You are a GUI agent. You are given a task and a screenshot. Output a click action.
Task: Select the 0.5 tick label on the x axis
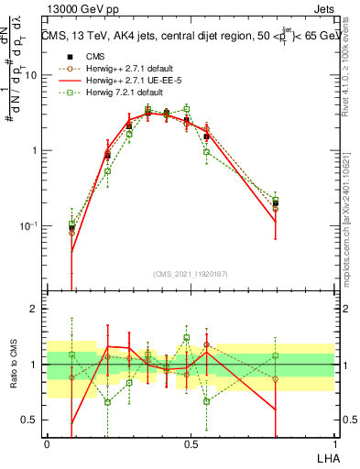point(190,443)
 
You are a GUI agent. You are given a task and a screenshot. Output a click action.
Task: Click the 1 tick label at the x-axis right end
point(335,443)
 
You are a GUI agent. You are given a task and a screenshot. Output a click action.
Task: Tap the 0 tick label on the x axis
point(47,443)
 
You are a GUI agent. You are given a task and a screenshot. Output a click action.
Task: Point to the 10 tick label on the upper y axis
point(30,75)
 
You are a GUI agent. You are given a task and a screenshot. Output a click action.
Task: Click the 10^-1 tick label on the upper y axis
point(28,226)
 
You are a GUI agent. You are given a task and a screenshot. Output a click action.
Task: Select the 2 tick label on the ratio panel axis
point(33,309)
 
